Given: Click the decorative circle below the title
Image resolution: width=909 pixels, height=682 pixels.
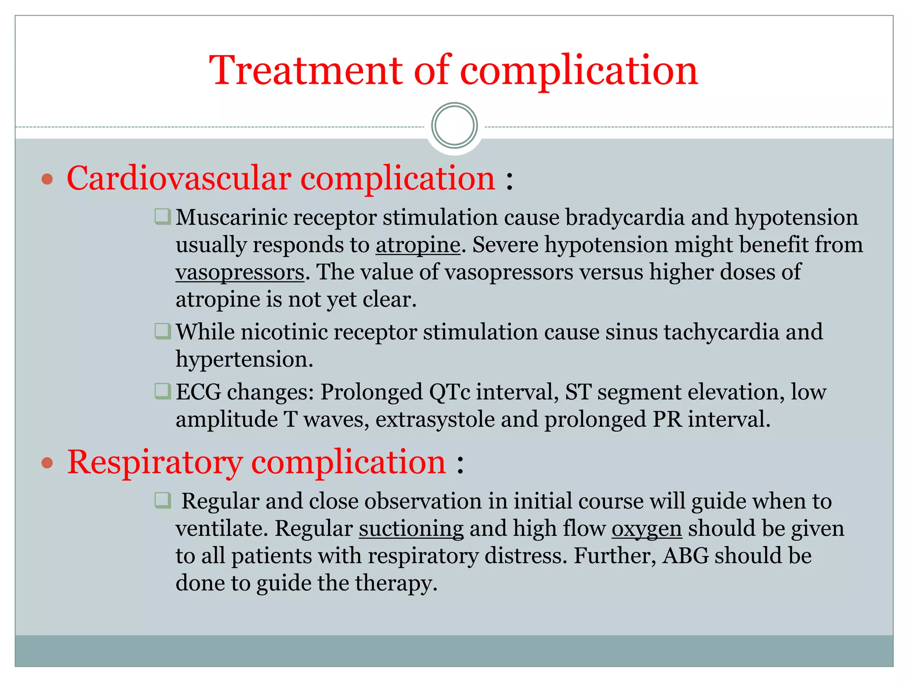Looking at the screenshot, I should (x=454, y=126).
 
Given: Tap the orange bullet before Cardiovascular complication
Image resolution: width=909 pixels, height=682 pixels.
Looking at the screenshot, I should (x=47, y=179).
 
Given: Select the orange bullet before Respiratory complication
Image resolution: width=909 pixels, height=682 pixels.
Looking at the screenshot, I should (x=47, y=464).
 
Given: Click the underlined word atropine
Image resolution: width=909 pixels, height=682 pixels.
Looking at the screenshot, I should (x=418, y=245).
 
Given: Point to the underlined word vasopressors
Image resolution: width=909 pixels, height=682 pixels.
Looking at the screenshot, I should (x=240, y=272).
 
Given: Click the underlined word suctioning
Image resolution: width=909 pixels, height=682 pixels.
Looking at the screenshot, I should (x=411, y=529).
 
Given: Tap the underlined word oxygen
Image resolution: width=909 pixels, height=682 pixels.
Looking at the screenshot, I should (x=646, y=529).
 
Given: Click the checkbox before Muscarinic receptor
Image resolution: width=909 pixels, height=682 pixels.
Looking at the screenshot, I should (x=162, y=217).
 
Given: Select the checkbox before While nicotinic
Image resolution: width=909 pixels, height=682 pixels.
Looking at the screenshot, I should (x=162, y=331).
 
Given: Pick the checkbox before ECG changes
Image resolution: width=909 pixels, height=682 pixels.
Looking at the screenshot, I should (x=162, y=391).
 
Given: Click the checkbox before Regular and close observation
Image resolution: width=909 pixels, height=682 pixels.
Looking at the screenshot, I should (x=162, y=500).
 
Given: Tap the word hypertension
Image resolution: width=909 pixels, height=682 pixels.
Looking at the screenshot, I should (x=244, y=359).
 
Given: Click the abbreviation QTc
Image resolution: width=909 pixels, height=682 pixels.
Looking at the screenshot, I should (x=449, y=392).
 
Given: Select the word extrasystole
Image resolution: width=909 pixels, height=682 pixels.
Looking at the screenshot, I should (x=435, y=420).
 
